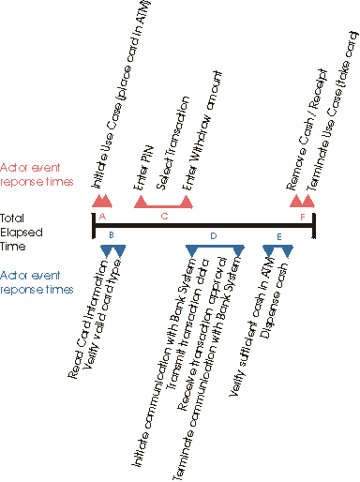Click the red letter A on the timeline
tap(102, 217)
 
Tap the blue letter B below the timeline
tap(112, 234)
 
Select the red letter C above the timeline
tap(164, 217)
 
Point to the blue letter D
tap(214, 234)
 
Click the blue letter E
tap(277, 234)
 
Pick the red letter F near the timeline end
tap(302, 217)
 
